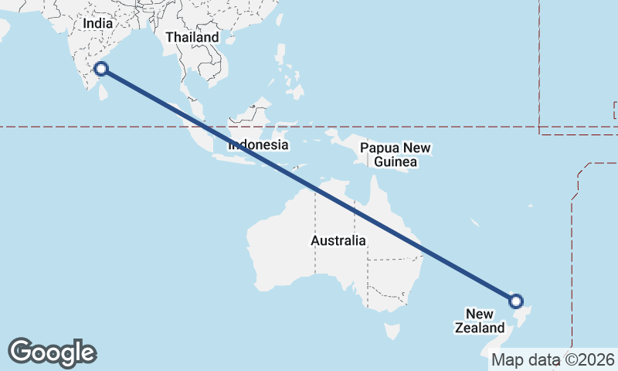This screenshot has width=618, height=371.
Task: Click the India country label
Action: tap(97, 24)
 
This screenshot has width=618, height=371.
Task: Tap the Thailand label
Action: tap(192, 37)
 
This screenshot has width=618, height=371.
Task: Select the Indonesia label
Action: tap(258, 145)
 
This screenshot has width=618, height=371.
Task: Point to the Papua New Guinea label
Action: tap(396, 155)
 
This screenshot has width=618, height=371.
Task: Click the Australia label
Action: tap(338, 240)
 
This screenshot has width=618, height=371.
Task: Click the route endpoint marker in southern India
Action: tap(101, 70)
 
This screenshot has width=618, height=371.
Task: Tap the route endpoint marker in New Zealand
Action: tap(516, 301)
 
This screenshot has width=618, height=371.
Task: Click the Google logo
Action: tap(53, 352)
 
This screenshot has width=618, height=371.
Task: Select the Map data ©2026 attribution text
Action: tap(553, 359)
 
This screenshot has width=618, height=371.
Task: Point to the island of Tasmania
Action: tap(393, 331)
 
